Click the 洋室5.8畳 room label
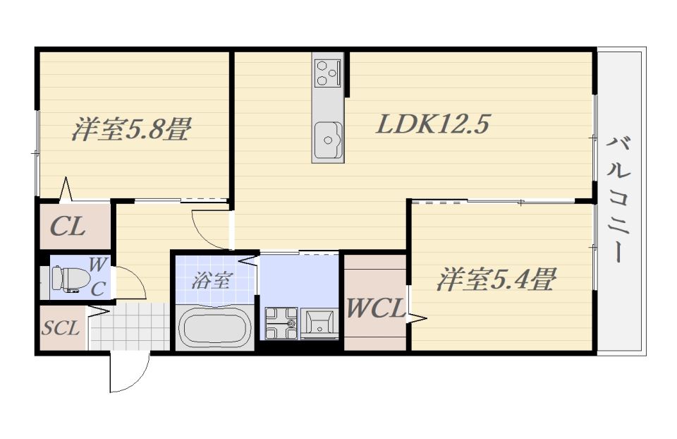pos(131,128)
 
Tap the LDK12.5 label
pos(433,124)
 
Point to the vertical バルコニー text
pos(618,200)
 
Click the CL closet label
pos(68,227)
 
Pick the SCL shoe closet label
pos(61,328)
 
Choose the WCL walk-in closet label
pos(375,308)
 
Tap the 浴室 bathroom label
pos(210,281)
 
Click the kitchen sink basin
pos(328,140)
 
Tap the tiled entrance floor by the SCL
pos(128,326)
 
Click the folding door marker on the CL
pos(66,190)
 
